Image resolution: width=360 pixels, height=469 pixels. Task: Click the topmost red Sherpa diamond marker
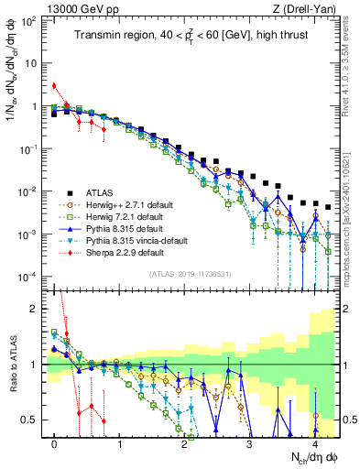(55, 86)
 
